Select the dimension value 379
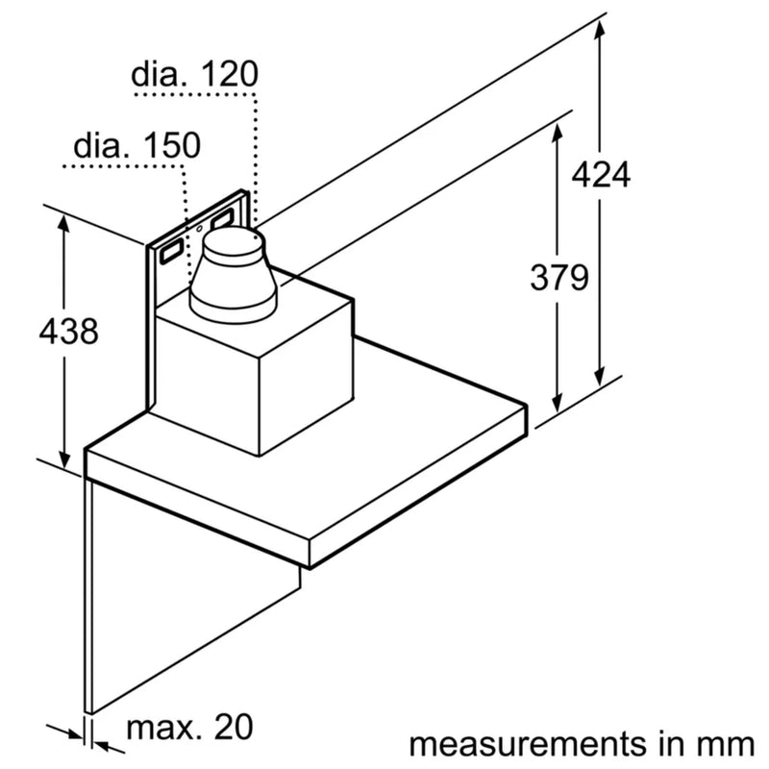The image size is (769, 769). (x=558, y=278)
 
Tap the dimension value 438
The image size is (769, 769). (x=67, y=332)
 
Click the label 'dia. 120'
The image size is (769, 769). (x=195, y=74)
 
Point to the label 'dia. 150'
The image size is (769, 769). (x=136, y=146)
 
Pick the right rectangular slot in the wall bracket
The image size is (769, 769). (x=223, y=220)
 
